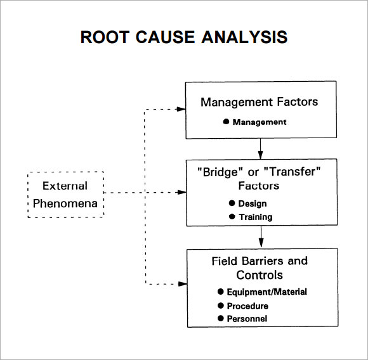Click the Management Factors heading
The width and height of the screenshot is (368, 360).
(259, 101)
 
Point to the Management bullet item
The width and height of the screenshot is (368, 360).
(259, 122)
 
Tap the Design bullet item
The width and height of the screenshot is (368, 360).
(252, 203)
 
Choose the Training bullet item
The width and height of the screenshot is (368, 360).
(255, 217)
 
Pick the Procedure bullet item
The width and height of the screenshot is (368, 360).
(252, 305)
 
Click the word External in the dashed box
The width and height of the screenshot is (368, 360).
(65, 186)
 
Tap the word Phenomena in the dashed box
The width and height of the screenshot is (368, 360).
(65, 203)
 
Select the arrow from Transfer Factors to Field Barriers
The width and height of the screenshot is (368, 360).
(261, 238)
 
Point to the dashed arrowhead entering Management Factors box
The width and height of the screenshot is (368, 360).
(181, 109)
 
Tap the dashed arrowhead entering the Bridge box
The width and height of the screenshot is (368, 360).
(181, 192)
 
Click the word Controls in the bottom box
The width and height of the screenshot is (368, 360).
(259, 275)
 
